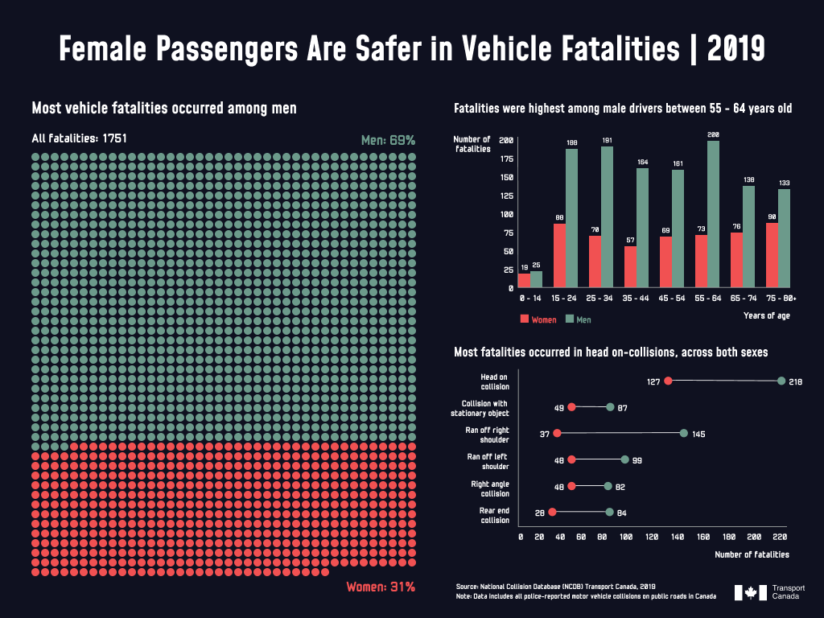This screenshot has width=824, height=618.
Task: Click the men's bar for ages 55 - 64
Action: click(713, 214)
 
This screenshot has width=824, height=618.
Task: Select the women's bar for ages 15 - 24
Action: click(559, 255)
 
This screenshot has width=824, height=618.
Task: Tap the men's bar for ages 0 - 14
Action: click(536, 278)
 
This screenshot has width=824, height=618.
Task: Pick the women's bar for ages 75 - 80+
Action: click(772, 254)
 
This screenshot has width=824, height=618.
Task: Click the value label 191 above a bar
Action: click(607, 141)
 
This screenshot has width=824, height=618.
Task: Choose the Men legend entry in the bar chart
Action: click(579, 319)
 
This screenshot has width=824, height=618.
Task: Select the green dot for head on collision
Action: click(781, 381)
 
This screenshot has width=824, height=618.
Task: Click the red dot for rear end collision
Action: click(552, 512)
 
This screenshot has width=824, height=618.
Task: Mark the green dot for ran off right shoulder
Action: click(684, 433)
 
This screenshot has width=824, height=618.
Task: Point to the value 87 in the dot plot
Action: click(622, 408)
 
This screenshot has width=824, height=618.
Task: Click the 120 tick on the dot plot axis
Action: click(650, 536)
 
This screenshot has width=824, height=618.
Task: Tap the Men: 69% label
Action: click(388, 140)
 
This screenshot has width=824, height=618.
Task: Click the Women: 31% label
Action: click(381, 587)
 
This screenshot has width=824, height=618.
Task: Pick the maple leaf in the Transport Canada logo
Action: click(751, 592)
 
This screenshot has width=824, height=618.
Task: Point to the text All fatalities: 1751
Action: click(79, 138)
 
